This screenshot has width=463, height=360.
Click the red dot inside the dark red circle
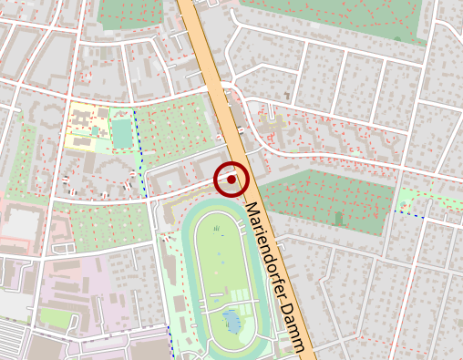pyautogui.click(x=232, y=180)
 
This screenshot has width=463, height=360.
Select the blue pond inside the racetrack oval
pyautogui.click(x=231, y=320)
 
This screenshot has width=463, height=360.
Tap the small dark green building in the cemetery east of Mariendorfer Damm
pyautogui.click(x=339, y=219)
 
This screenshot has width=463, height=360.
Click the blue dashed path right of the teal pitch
pyautogui.click(x=139, y=150)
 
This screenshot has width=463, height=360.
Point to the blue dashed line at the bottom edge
pyautogui.click(x=170, y=342)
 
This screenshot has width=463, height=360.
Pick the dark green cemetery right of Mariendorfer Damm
pyautogui.click(x=328, y=196)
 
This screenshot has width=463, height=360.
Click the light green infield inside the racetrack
pyautogui.click(x=219, y=264)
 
